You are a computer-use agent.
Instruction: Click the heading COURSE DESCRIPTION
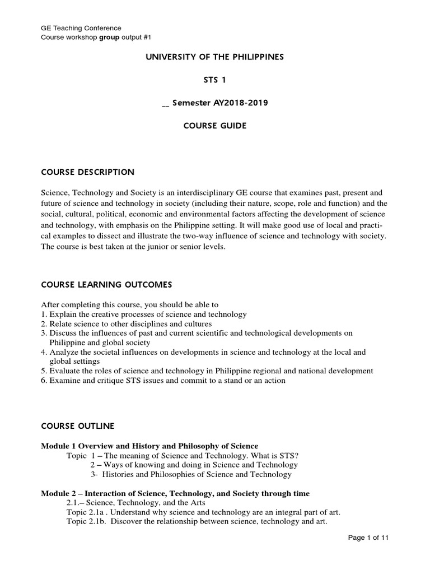tap(87, 172)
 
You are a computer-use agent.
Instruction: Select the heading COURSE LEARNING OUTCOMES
tap(107, 285)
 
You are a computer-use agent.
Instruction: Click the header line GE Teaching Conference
tap(82, 27)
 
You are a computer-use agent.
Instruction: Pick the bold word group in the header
tap(110, 37)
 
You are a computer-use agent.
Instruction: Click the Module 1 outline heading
tap(150, 446)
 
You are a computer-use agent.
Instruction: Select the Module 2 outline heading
tap(175, 493)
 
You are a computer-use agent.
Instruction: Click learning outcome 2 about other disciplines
tap(127, 324)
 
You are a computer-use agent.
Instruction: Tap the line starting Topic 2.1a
tap(203, 512)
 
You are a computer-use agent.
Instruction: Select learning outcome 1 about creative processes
tap(144, 314)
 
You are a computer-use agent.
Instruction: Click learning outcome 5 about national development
tap(207, 371)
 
